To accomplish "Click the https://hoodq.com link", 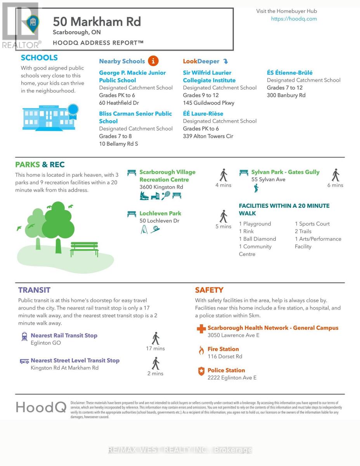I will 294,19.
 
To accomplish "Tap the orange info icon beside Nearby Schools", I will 153,61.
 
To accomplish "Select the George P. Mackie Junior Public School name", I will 132,77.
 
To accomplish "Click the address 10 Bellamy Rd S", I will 118,144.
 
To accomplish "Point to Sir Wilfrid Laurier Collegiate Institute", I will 209,77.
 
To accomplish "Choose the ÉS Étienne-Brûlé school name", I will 289,73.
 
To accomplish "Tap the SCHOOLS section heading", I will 39,58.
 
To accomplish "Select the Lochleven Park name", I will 160,213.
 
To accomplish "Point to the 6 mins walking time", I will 335,185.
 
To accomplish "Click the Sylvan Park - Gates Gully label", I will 285,172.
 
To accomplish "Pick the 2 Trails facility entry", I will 303,231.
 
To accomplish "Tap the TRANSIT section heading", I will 34,290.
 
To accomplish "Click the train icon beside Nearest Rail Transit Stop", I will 24,336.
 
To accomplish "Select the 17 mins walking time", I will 155,348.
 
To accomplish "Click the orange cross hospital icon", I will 201,329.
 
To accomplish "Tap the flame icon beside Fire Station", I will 201,351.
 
